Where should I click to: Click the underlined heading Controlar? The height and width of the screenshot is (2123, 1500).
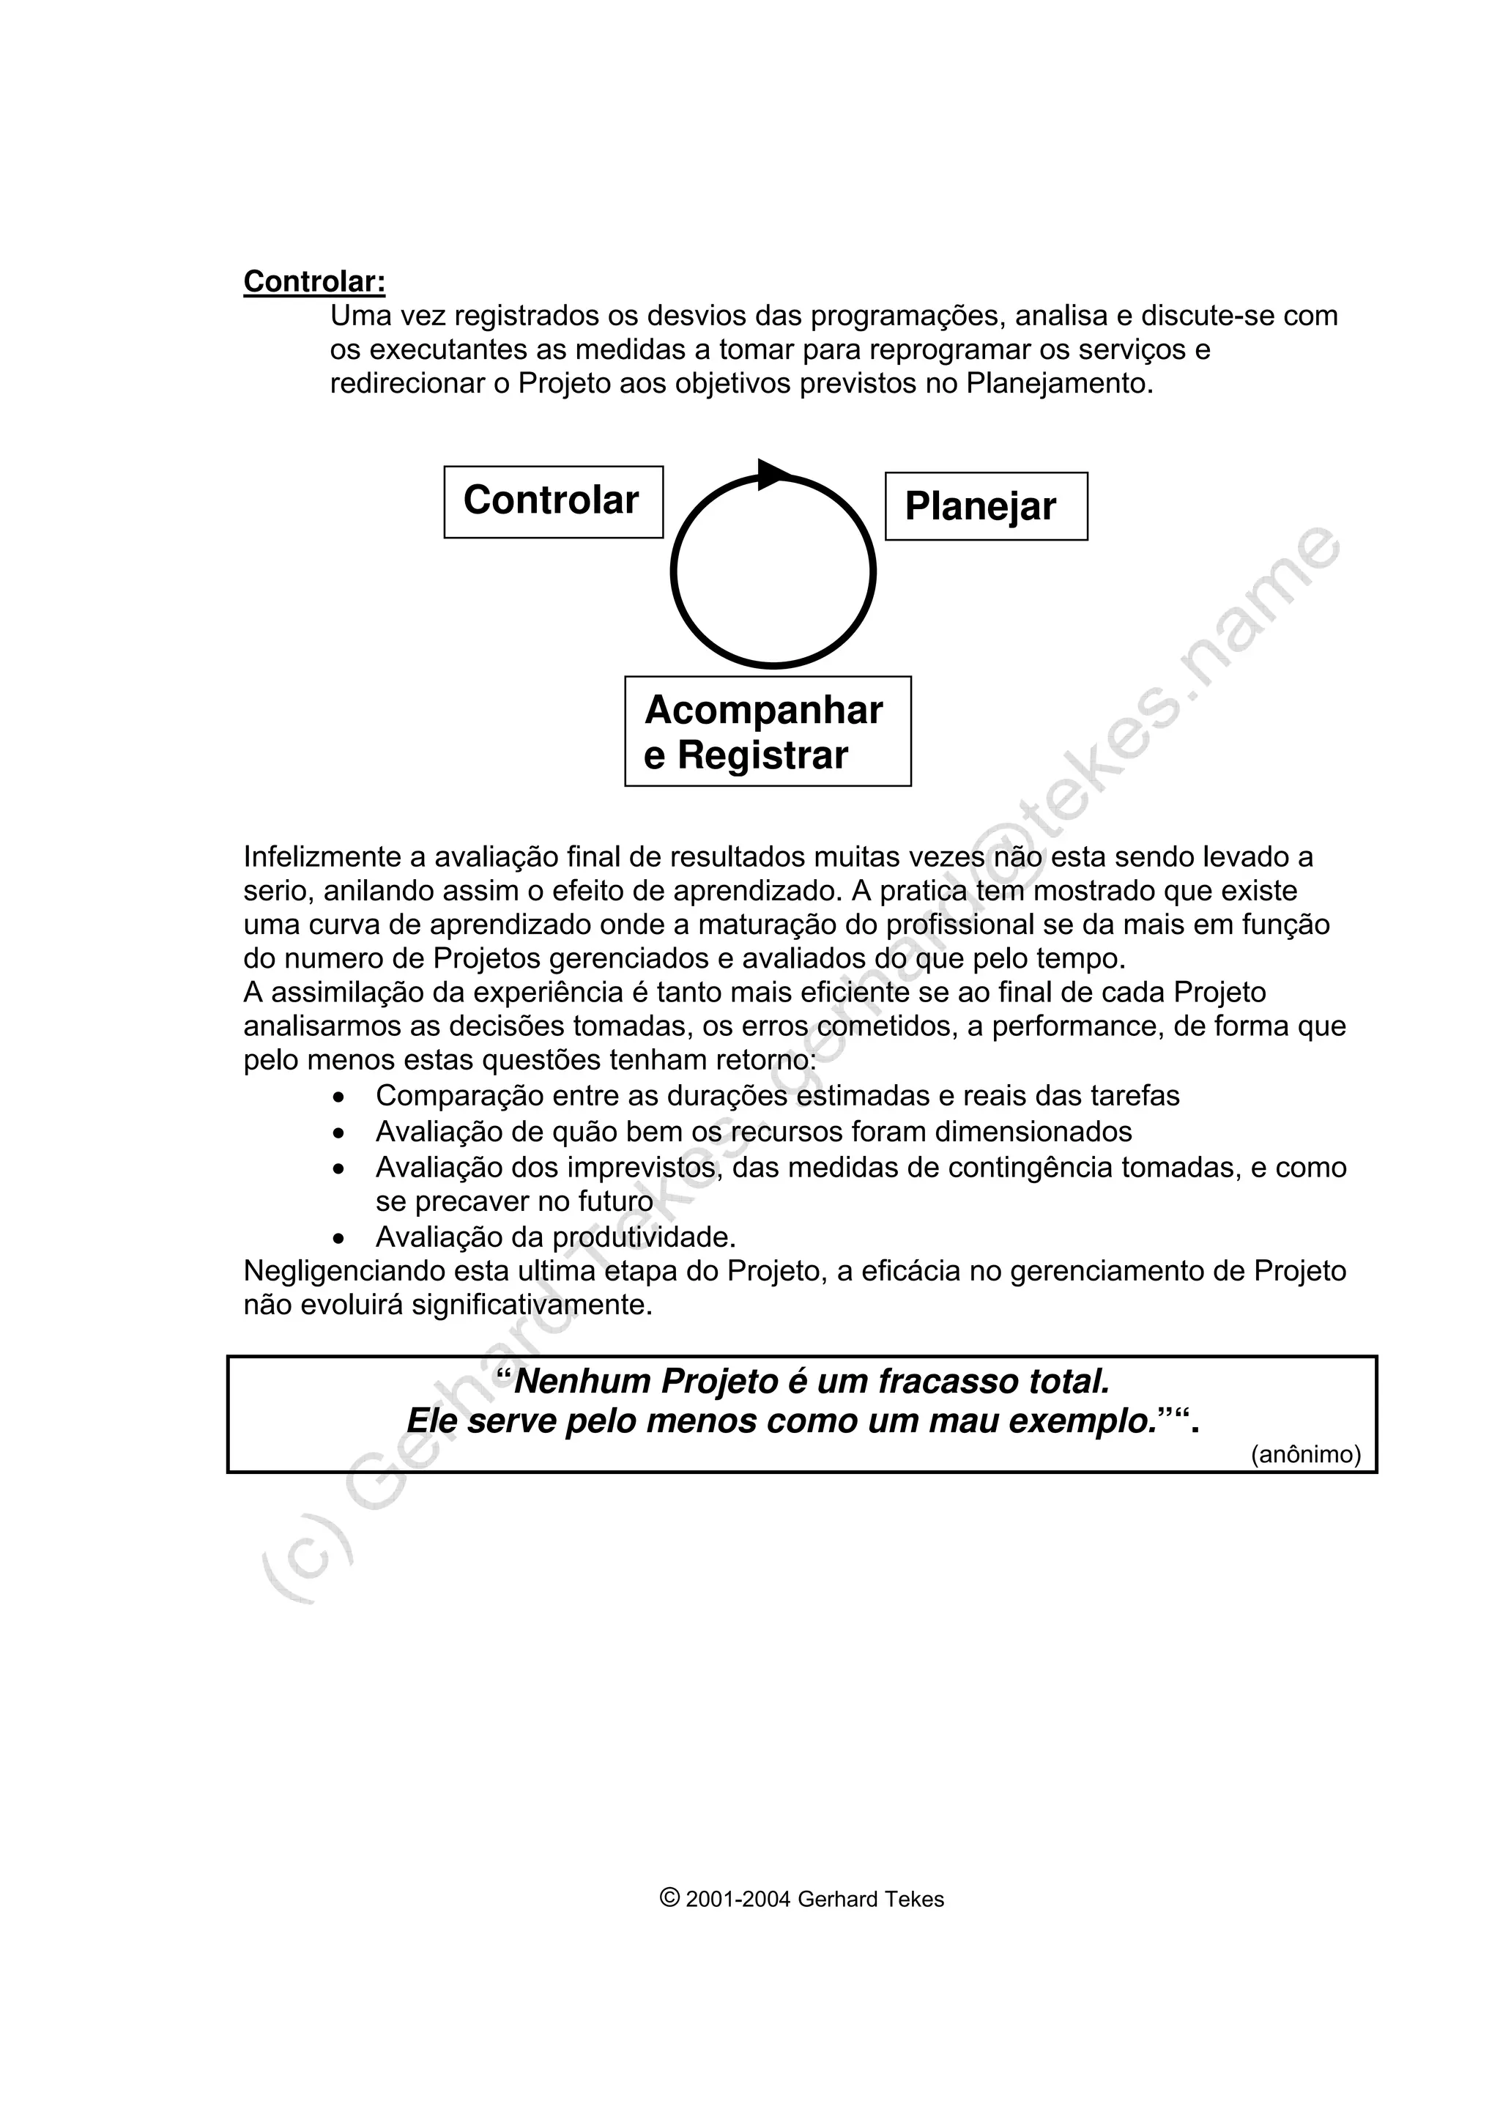[x=314, y=281]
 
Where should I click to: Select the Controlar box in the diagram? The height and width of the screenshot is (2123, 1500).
[x=553, y=501]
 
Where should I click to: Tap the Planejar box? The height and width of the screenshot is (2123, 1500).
[x=985, y=507]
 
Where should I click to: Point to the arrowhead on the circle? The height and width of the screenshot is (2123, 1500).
[x=773, y=475]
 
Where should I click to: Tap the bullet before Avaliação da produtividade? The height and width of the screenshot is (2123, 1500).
[x=340, y=1238]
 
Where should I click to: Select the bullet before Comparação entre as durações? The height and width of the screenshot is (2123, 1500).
[x=340, y=1097]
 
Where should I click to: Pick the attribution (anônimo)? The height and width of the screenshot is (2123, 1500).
[x=1305, y=1454]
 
